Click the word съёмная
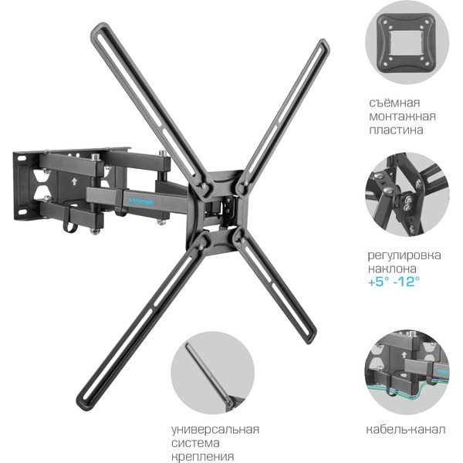point(394,103)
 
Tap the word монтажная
point(402,117)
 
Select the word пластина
point(396,130)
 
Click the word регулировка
point(404,255)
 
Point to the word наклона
point(392,269)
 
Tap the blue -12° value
point(407,282)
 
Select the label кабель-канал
point(405,430)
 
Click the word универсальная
point(215,431)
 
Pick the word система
point(195,443)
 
